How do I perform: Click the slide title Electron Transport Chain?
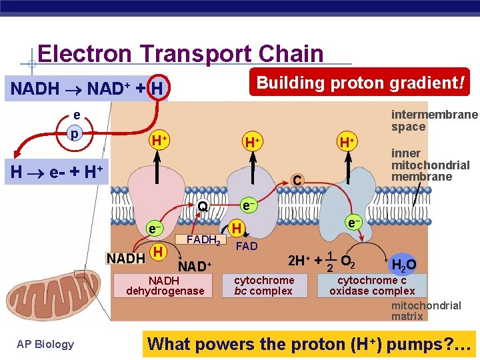point(180,53)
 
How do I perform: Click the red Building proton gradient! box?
point(360,83)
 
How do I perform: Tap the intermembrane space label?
point(434,120)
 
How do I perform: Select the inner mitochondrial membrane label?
point(430,165)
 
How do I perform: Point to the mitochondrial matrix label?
point(425,311)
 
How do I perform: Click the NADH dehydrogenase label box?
point(165,285)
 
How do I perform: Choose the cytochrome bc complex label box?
point(263,285)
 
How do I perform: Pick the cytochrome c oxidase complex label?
point(372,285)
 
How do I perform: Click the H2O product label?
point(403,265)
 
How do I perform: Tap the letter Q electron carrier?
point(203,207)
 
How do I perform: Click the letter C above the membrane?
point(298,179)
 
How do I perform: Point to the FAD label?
point(247,246)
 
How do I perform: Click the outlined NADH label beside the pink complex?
point(127,258)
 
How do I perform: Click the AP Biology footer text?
point(45,344)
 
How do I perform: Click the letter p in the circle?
point(75,133)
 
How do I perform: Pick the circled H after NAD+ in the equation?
point(157,88)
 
